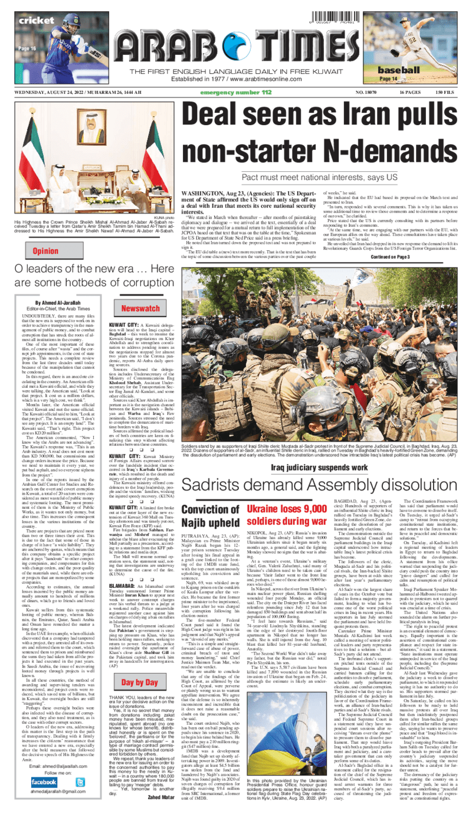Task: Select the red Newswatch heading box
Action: (x=141, y=308)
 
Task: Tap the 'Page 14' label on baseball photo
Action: (x=388, y=79)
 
